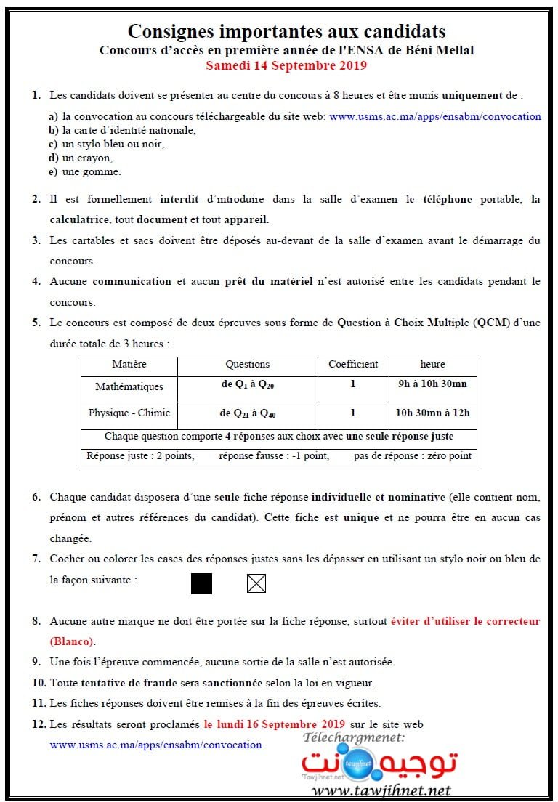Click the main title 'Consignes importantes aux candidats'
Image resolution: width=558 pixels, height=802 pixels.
click(286, 31)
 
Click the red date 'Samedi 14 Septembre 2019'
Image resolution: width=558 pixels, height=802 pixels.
click(286, 65)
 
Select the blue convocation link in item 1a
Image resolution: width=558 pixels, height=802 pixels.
click(434, 116)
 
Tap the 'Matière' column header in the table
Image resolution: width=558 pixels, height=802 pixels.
click(129, 365)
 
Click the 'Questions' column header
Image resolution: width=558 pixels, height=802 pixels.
click(247, 365)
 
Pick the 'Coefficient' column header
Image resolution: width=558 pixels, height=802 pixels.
click(353, 365)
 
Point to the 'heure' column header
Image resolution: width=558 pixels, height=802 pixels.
click(432, 365)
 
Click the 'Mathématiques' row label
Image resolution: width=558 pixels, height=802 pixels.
click(129, 387)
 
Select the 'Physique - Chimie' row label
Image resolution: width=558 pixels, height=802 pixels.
click(129, 413)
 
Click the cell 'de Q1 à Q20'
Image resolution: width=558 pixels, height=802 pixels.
click(247, 386)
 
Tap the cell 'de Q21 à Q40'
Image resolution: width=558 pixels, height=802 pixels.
click(247, 414)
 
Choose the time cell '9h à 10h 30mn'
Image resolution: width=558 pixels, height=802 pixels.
click(432, 385)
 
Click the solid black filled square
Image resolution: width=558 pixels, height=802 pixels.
click(201, 583)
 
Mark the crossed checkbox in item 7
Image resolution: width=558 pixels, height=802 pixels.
click(256, 583)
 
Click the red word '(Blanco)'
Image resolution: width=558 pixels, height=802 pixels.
click(72, 641)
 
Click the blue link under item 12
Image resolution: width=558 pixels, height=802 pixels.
click(155, 745)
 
